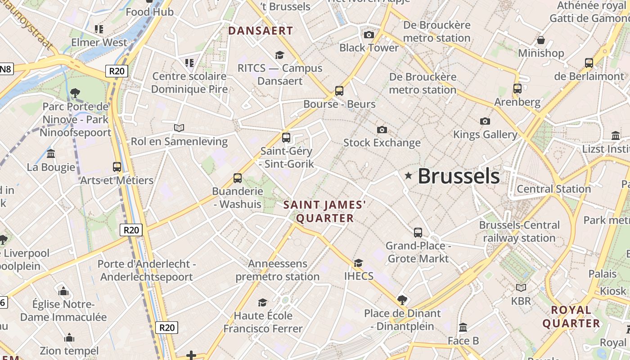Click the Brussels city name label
coord(459,176)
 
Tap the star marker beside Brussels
coord(409,175)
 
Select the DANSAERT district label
coord(261,31)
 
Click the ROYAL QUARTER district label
coord(571,317)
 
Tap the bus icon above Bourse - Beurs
coord(339,91)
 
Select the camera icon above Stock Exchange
coord(382,130)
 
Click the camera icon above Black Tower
coord(369,35)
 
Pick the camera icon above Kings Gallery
coord(485,121)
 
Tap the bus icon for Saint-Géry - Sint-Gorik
coord(286,138)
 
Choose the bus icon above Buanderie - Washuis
coord(238,178)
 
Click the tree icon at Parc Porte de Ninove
coord(75,93)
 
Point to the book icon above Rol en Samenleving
coord(179,128)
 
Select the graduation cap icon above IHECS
coord(358,263)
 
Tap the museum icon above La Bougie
coord(51,153)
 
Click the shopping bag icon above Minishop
coord(541,40)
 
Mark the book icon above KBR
coord(521,288)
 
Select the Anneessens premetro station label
coord(278,270)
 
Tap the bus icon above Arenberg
coord(517,89)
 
